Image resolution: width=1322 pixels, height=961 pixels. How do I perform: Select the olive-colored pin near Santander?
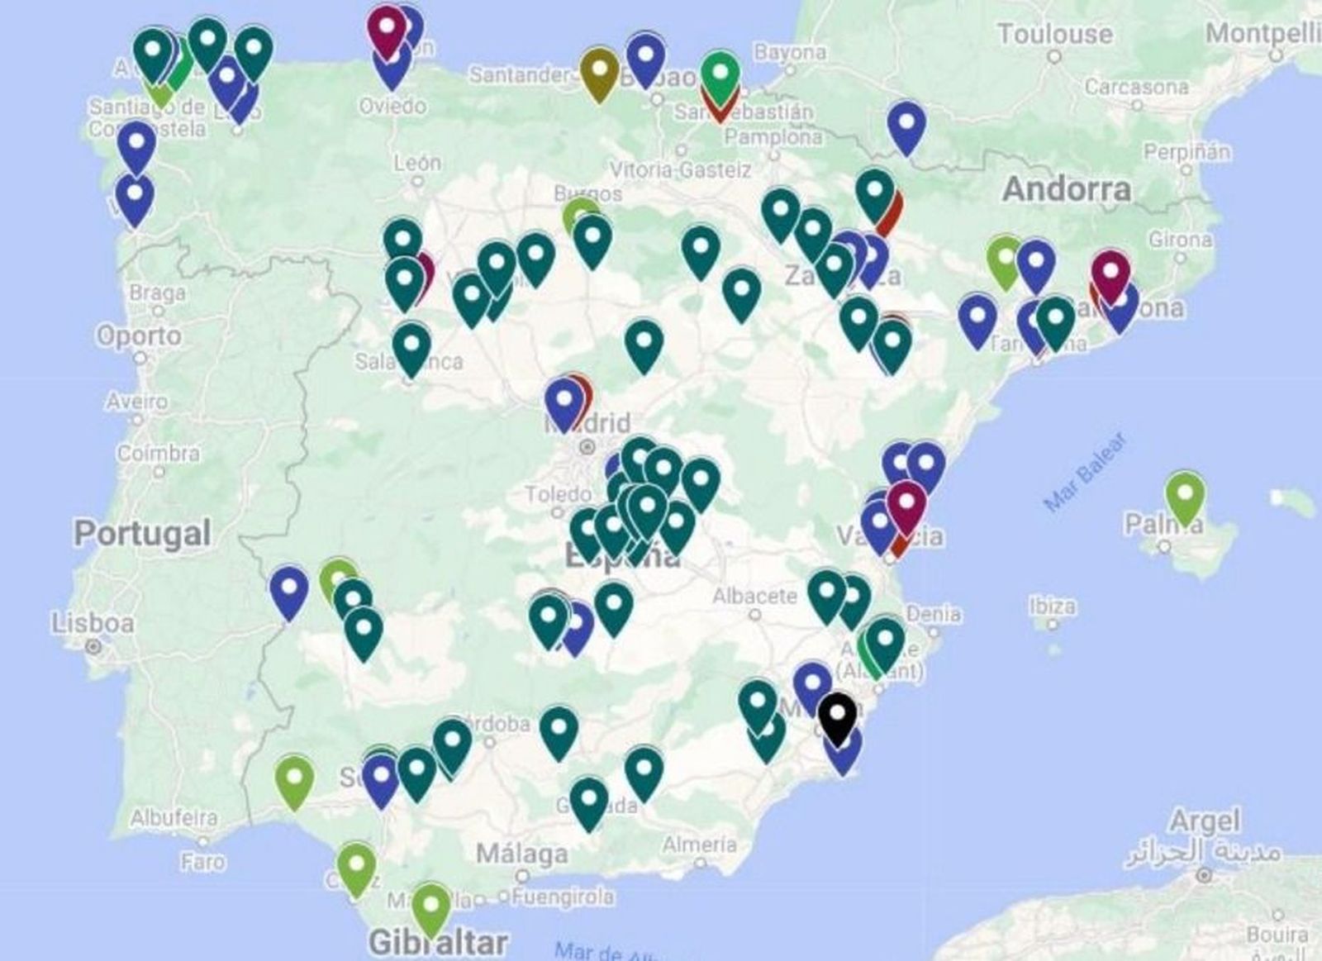(x=599, y=73)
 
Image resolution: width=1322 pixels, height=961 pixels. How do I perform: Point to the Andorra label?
(x=1067, y=189)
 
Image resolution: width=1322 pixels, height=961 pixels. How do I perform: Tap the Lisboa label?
(x=93, y=623)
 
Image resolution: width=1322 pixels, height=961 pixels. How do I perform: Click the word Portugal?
(x=143, y=533)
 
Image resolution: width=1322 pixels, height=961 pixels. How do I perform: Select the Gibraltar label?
(x=438, y=941)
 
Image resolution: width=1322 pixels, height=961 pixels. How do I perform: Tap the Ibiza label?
(x=1052, y=606)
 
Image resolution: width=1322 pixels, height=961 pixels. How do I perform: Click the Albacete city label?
(x=754, y=596)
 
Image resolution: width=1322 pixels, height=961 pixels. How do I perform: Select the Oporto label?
(x=139, y=336)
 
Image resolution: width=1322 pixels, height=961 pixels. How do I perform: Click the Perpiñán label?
(x=1186, y=152)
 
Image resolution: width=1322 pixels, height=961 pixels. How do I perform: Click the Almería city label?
(x=698, y=844)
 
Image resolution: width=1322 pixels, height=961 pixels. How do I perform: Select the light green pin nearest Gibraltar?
(x=430, y=906)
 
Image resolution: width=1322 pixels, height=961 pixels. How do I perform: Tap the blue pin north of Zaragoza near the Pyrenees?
(x=906, y=126)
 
